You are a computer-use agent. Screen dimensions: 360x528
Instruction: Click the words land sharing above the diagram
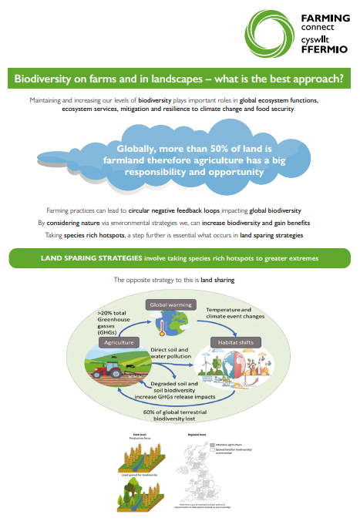[x=217, y=280]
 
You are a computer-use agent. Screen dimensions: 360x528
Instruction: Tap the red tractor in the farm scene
[x=107, y=370]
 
